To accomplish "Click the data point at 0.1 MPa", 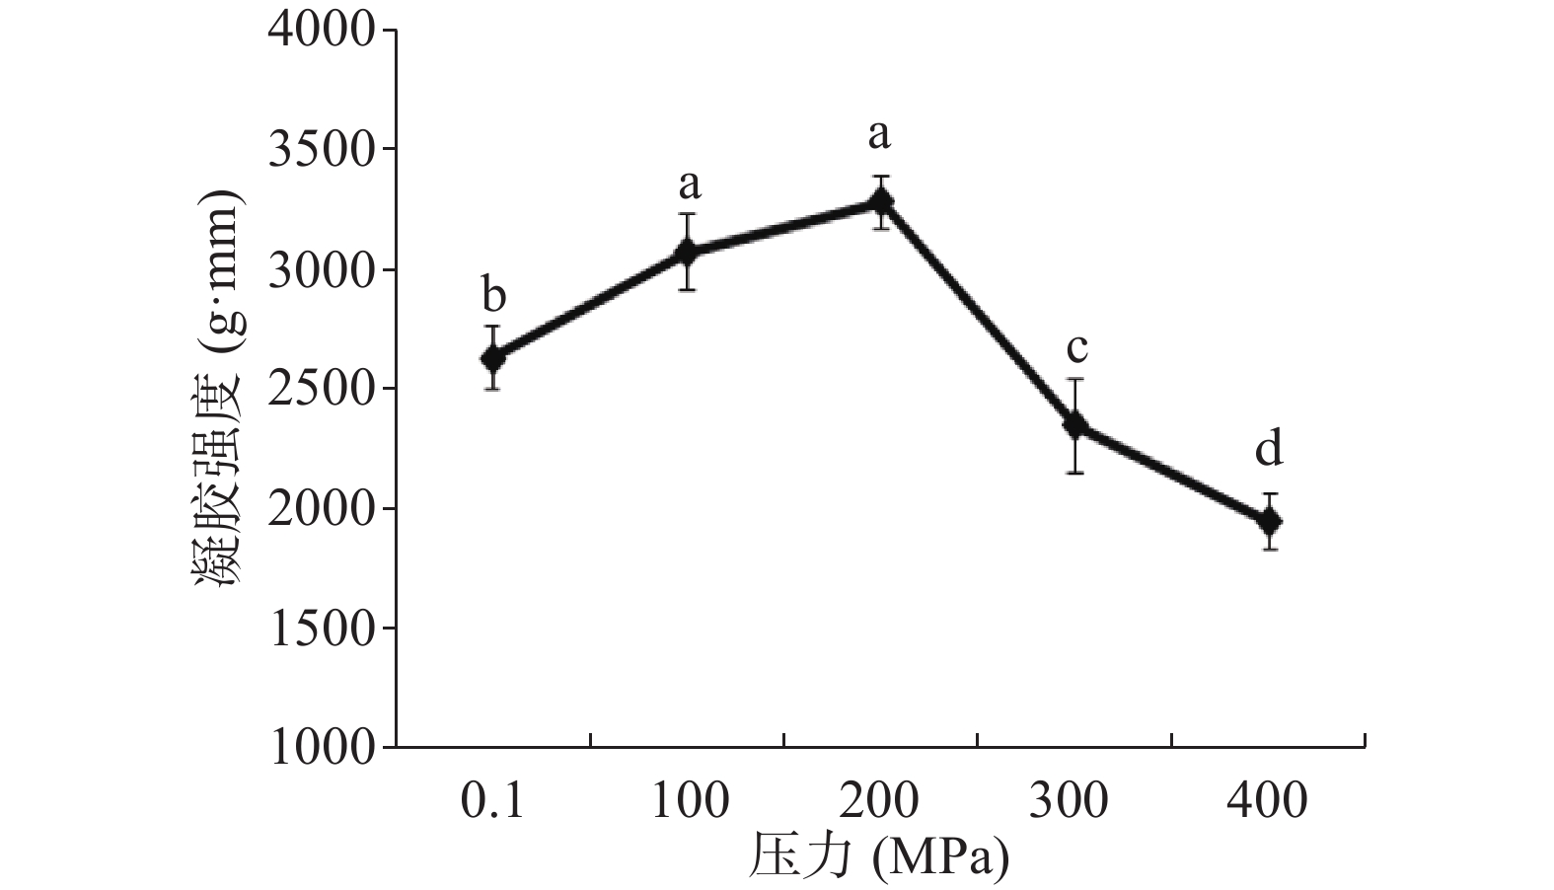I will [493, 358].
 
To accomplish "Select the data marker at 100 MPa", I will [687, 253].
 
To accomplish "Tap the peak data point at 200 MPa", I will [880, 202].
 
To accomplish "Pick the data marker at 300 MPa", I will [1074, 425].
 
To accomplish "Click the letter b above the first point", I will [493, 295].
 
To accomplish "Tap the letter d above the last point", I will [1269, 451].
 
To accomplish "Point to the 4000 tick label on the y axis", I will [322, 32].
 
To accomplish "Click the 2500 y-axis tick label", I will [322, 390].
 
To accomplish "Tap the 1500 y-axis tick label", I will [322, 629].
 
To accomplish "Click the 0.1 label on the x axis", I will [493, 800].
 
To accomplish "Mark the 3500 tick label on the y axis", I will [322, 150].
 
